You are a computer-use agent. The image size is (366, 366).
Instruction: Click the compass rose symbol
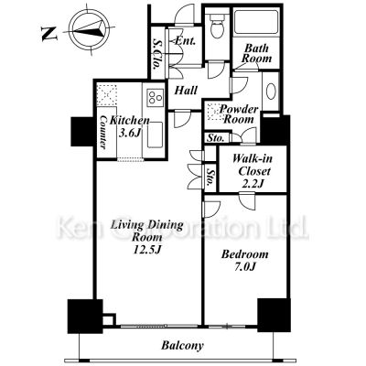point(89,30)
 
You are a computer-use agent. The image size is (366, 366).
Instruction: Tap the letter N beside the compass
point(49,34)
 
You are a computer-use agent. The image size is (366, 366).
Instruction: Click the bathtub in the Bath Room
point(255,22)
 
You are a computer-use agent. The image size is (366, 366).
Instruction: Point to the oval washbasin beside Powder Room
point(271,91)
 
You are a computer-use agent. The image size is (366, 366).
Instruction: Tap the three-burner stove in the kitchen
point(156,97)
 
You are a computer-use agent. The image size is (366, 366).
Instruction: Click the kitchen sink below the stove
point(155,135)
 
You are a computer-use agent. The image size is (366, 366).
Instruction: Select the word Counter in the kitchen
point(103,132)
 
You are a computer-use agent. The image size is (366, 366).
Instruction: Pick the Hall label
point(186,90)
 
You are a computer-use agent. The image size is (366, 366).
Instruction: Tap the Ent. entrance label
point(185,41)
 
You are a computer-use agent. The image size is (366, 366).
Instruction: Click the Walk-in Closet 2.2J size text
point(251,170)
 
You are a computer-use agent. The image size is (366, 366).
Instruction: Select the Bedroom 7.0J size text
point(245,260)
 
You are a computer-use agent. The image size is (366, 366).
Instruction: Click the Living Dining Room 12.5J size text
point(146,237)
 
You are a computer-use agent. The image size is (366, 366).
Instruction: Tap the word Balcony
point(183,346)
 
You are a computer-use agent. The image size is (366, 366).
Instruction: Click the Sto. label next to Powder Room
point(216,138)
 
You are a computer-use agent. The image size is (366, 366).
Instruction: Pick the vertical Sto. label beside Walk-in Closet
point(210,178)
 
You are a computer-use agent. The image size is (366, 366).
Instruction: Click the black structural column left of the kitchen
point(82,132)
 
